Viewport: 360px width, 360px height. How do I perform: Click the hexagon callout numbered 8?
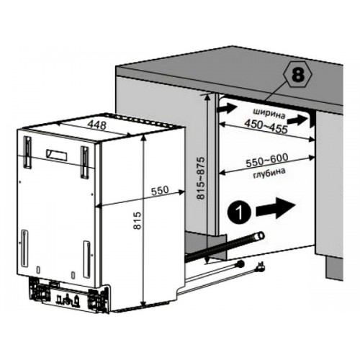point(297,76)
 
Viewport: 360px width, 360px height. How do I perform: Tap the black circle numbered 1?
point(239,212)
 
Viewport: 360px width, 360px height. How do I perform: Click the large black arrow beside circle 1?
point(276,208)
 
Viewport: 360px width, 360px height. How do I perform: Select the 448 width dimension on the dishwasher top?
point(96,125)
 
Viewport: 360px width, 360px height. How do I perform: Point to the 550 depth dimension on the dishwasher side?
point(160,191)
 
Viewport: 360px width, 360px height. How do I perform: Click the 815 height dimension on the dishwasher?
point(138,220)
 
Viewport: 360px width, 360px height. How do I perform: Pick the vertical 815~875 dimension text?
point(201,178)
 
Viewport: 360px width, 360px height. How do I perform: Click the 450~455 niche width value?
point(266,126)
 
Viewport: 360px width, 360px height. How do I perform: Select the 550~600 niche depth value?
point(267,161)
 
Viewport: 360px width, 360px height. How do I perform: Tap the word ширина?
point(269,113)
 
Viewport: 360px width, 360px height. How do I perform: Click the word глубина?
point(269,174)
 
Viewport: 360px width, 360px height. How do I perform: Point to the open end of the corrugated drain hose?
point(260,235)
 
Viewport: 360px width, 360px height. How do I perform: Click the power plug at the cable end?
point(261,266)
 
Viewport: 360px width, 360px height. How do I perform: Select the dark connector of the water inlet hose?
point(240,264)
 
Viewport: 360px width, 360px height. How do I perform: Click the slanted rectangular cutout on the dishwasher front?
point(57,156)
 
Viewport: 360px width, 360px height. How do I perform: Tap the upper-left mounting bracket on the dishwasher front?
point(27,152)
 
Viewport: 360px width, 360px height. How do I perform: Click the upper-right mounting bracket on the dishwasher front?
point(85,162)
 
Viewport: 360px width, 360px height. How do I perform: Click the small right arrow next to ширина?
point(298,120)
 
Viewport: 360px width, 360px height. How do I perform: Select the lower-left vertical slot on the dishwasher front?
point(24,248)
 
